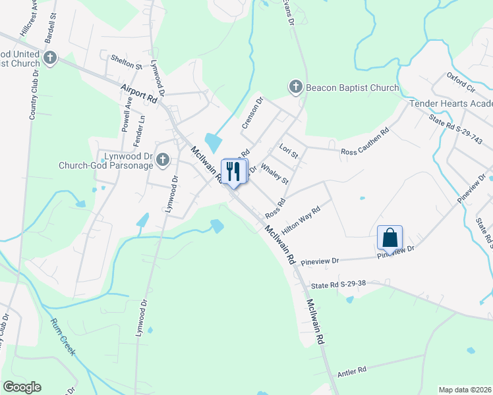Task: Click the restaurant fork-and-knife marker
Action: [233, 172]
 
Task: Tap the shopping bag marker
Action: [390, 238]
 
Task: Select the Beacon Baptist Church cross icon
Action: [295, 87]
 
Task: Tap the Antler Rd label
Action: [353, 371]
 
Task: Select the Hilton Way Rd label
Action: [301, 219]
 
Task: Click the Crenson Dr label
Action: [251, 113]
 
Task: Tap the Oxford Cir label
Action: [461, 80]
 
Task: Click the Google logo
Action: [22, 387]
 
